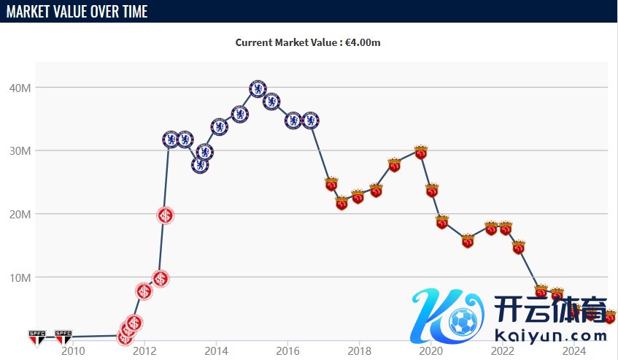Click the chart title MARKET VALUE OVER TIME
pos(77,12)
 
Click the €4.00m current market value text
pos(364,42)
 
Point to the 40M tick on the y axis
pos(19,88)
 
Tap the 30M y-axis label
pos(19,151)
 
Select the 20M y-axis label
pos(19,214)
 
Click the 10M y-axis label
pos(19,277)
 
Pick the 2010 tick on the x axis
pos(72,351)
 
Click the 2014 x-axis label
pos(216,351)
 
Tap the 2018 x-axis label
pos(359,351)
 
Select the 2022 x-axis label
pos(503,351)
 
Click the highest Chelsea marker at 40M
pos(258,89)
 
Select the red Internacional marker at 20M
pos(166,215)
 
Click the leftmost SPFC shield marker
pos(36,337)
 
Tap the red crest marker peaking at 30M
pos(420,152)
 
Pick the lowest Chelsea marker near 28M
pos(200,165)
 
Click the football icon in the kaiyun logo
pos(463,321)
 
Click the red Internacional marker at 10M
pos(161,278)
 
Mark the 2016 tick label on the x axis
pos(287,351)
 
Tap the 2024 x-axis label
pos(574,351)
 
